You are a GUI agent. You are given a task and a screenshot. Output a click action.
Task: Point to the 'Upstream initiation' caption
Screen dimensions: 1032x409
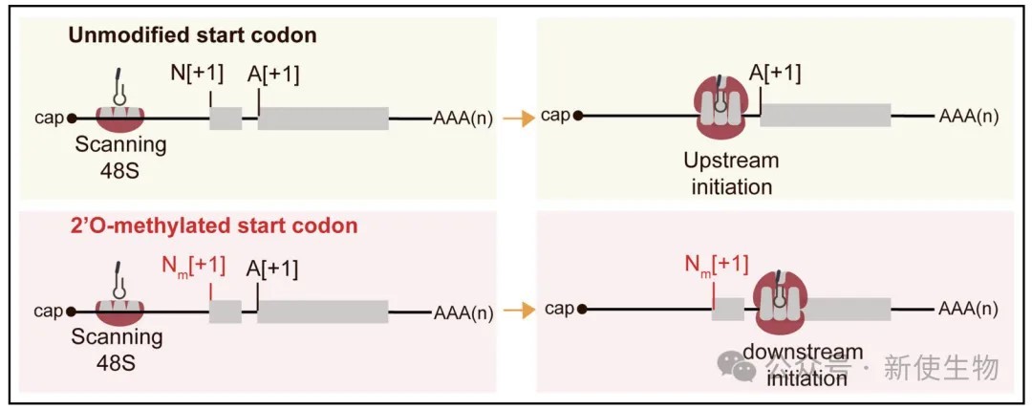pyautogui.click(x=731, y=173)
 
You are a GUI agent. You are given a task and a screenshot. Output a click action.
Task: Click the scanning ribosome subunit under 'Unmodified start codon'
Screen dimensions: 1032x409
pyautogui.click(x=119, y=118)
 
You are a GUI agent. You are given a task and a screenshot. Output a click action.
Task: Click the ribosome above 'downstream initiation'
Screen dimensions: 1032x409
pyautogui.click(x=780, y=301)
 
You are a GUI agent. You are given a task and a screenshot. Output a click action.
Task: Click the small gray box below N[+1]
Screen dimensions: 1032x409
pyautogui.click(x=226, y=118)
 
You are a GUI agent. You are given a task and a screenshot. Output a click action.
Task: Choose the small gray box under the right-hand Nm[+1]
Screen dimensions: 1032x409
pyautogui.click(x=728, y=309)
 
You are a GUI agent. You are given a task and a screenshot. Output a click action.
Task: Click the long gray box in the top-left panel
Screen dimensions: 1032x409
pyautogui.click(x=323, y=118)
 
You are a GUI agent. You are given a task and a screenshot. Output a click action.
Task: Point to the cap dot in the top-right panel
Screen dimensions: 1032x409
pyautogui.click(x=578, y=116)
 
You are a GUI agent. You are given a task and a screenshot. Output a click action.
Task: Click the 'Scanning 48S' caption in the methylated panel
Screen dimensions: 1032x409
pyautogui.click(x=117, y=349)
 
